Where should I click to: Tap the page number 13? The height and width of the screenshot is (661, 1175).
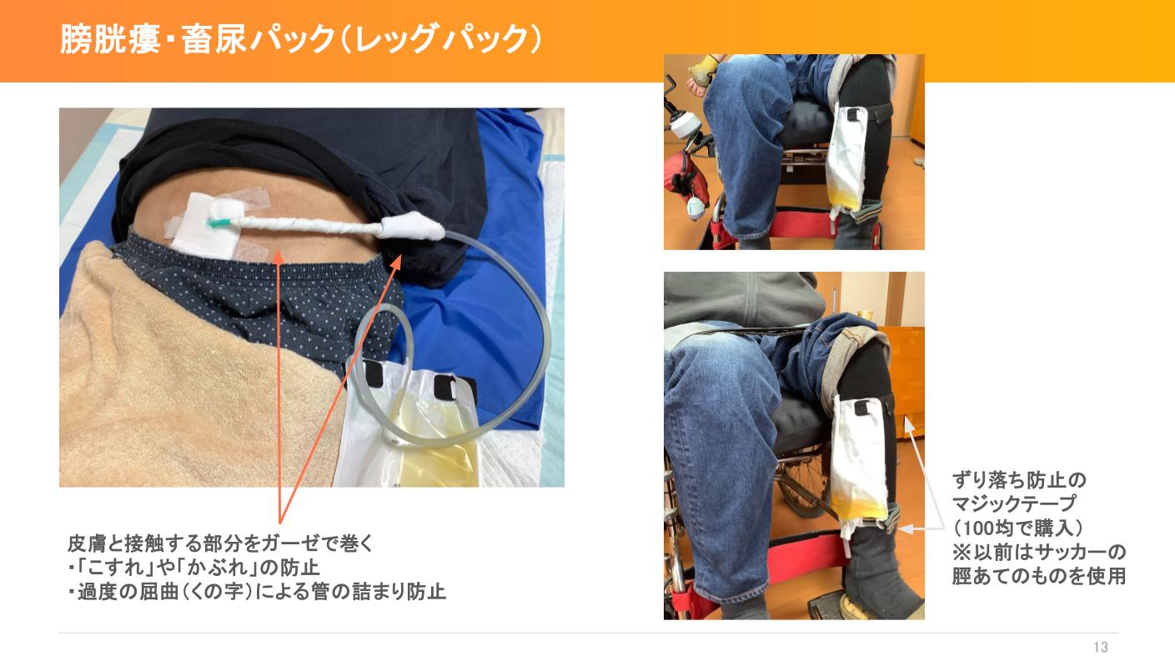click(x=1101, y=648)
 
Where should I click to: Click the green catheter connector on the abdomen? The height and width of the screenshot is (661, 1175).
click(x=220, y=223)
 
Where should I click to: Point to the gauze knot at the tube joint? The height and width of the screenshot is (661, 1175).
click(x=411, y=225)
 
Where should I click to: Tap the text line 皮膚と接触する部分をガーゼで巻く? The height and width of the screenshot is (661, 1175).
click(x=220, y=543)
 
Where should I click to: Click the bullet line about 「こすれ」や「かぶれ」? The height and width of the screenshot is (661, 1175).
click(x=193, y=568)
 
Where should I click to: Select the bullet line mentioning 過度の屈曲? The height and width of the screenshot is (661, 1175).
click(x=257, y=592)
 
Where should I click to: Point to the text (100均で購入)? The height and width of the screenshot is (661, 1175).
click(x=1017, y=528)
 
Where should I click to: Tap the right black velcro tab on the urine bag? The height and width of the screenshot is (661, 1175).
click(x=446, y=387)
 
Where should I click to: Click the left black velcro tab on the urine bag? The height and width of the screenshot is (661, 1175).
click(x=374, y=373)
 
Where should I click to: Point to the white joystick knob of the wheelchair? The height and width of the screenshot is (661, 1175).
click(x=685, y=127)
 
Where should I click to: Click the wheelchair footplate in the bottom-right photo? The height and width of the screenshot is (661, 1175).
click(x=836, y=608)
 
